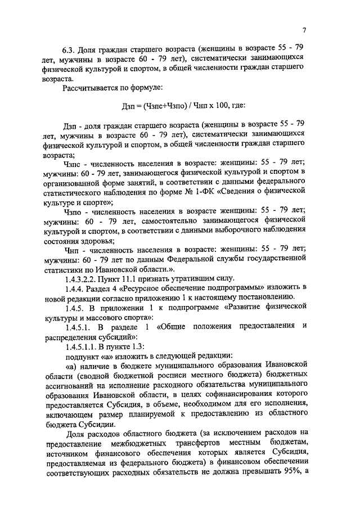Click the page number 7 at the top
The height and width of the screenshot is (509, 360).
coord(303,30)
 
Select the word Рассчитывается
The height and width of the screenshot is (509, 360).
coord(93,88)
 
